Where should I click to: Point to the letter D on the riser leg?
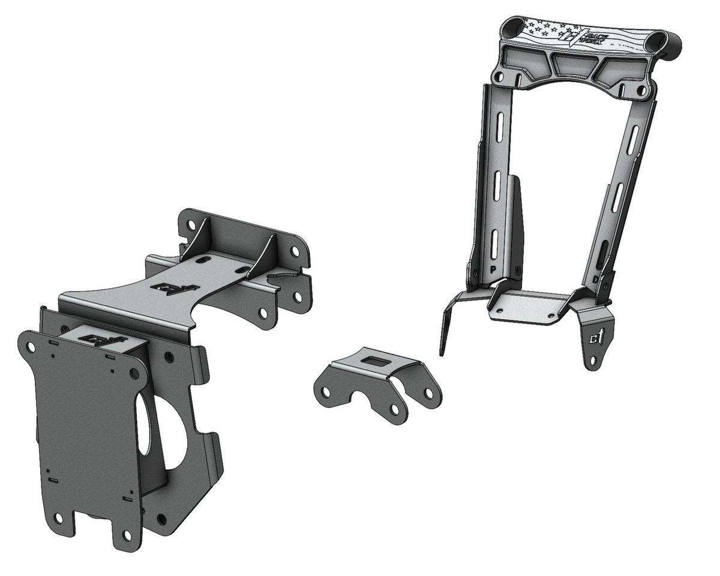point(594,280)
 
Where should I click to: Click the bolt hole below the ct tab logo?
point(592,360)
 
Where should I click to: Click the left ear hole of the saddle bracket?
point(325,392)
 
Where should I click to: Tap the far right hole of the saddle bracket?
point(428,392)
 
